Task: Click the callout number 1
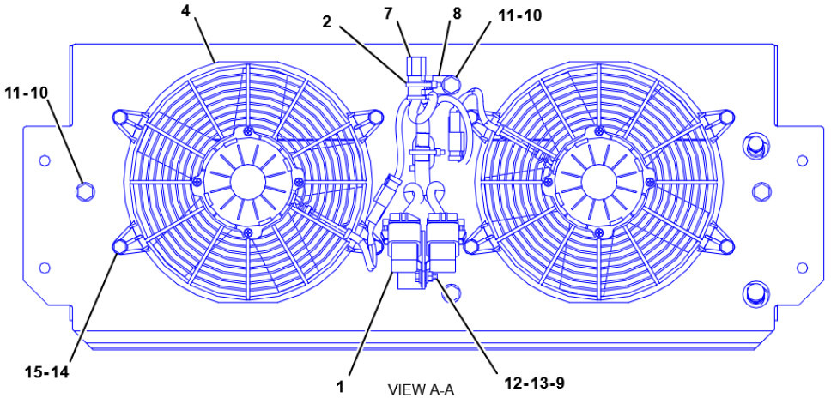coord(341,387)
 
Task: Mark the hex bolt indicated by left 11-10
coord(84,189)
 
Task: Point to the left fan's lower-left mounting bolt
coord(120,247)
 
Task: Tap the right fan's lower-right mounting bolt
coord(726,247)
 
